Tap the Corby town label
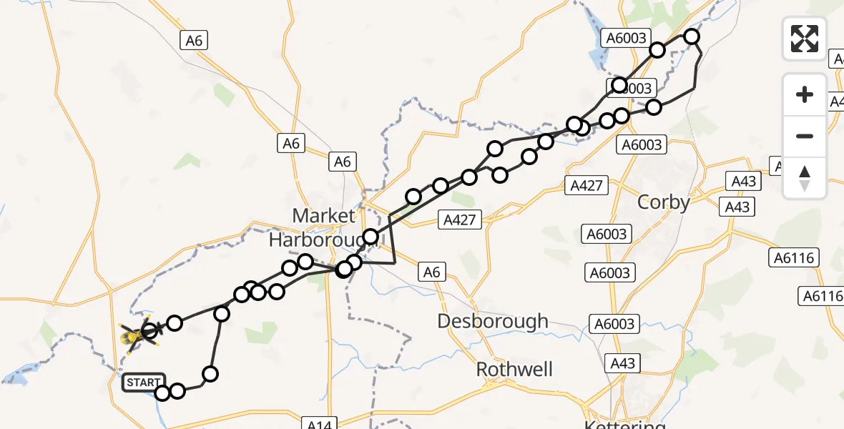click(x=664, y=202)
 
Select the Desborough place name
click(x=493, y=321)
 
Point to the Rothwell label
click(x=515, y=369)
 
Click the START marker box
click(x=143, y=383)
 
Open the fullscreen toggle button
click(x=805, y=38)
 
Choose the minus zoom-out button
click(x=805, y=136)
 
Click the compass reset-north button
click(x=805, y=178)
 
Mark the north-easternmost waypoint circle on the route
click(x=692, y=36)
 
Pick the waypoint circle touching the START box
click(x=162, y=393)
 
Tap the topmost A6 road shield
click(x=195, y=41)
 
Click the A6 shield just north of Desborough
click(x=431, y=272)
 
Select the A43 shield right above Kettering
click(x=624, y=363)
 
